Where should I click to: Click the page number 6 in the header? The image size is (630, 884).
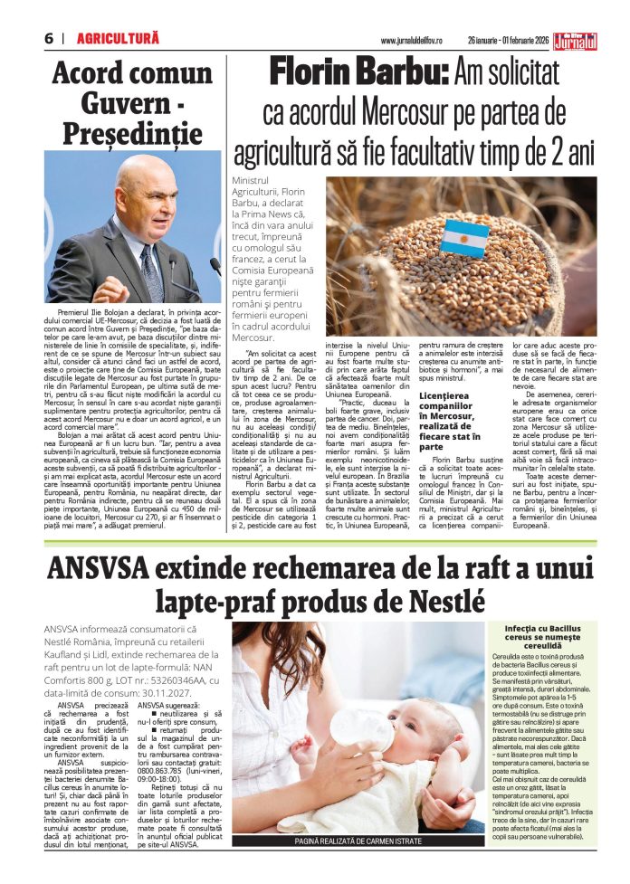point(47,39)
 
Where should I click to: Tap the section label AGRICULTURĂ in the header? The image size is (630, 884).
point(118,39)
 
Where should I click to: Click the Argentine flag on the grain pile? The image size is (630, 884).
point(464,236)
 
